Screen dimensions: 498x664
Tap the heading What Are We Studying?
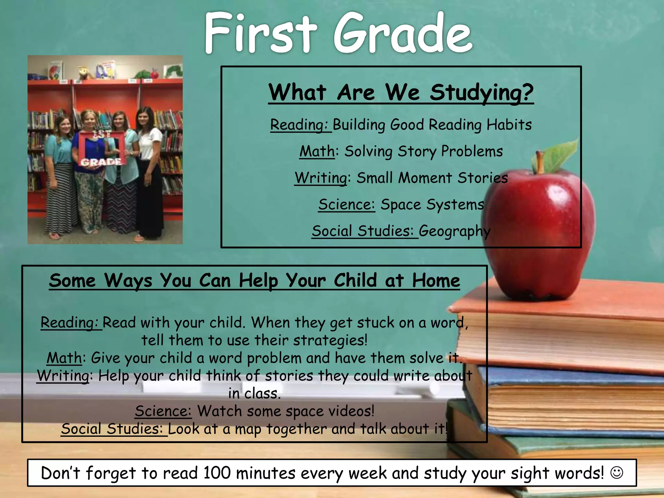(401, 93)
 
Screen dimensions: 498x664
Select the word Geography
(455, 231)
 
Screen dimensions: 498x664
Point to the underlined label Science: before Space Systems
(346, 205)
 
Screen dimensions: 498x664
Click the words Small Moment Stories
(432, 178)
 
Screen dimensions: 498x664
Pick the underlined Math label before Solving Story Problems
(317, 151)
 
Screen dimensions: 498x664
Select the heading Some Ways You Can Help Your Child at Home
(255, 280)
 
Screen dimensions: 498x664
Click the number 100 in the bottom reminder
(217, 473)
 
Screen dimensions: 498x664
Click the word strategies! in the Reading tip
(330, 340)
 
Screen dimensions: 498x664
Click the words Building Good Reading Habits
(432, 125)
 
